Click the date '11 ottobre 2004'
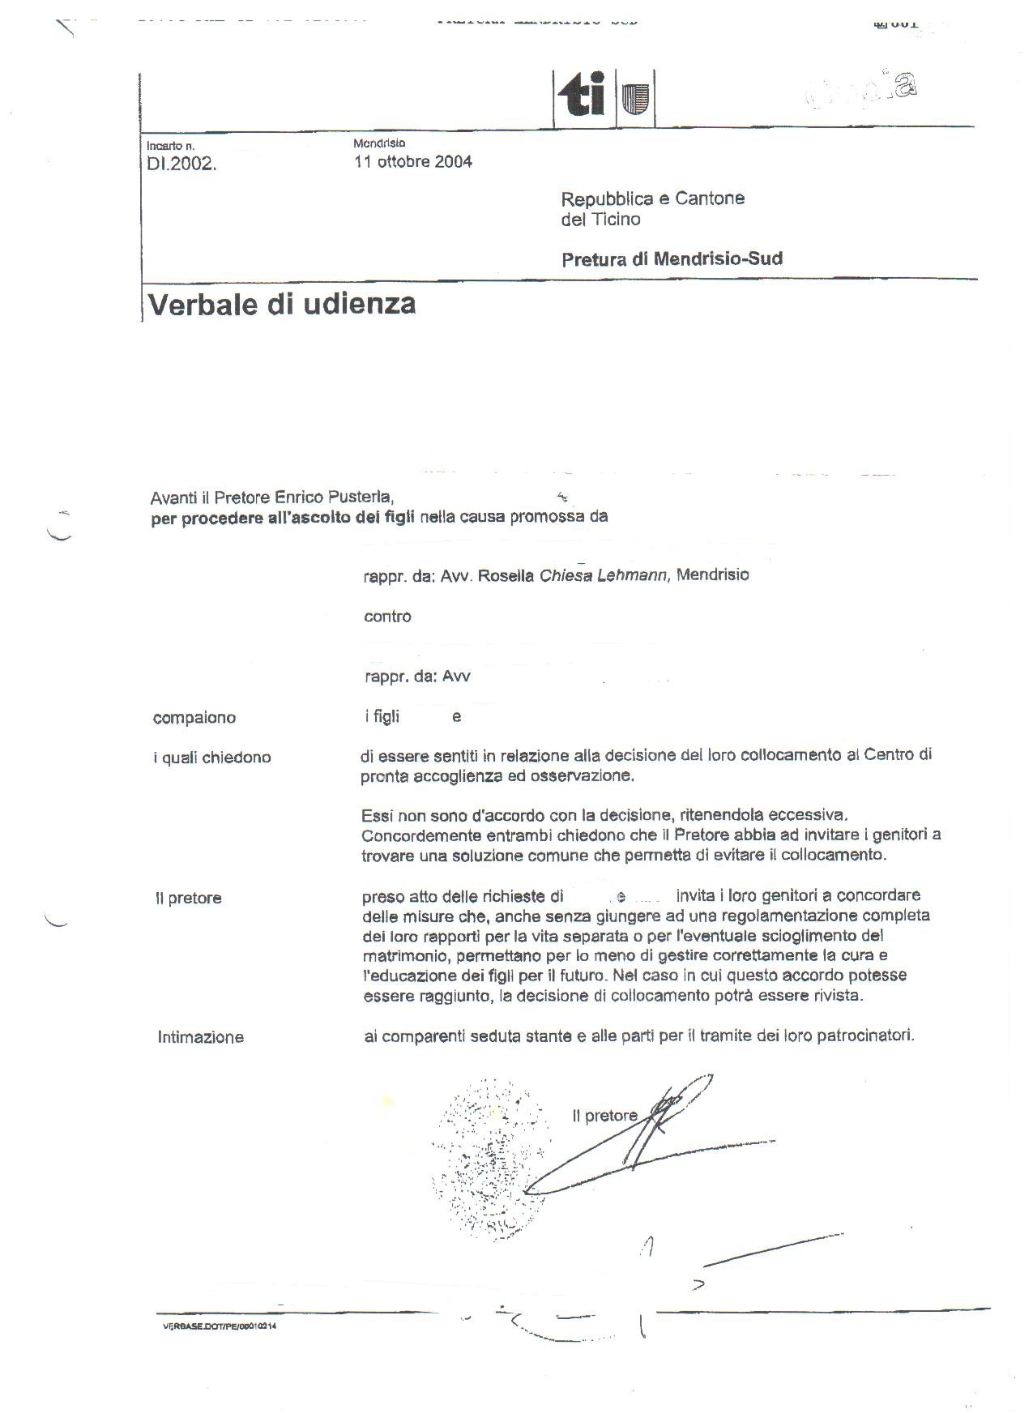(x=413, y=161)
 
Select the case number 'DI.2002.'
(x=181, y=164)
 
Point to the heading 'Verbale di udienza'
(x=282, y=304)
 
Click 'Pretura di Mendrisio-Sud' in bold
(x=672, y=259)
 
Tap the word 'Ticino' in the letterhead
(x=616, y=220)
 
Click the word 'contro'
(x=387, y=617)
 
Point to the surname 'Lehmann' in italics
(x=631, y=575)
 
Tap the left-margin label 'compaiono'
(x=194, y=718)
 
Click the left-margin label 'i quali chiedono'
(x=212, y=758)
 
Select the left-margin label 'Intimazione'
(x=200, y=1037)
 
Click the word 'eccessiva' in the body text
(x=808, y=815)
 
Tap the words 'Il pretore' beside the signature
(x=604, y=1116)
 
